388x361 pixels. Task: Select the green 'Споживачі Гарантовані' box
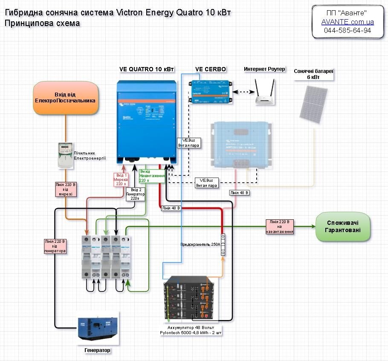tap(343, 227)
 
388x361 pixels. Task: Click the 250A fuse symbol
tap(223, 245)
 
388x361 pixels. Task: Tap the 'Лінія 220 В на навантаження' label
tap(280, 227)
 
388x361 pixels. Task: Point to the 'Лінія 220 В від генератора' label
tap(55, 246)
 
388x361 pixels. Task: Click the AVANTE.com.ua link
tap(347, 21)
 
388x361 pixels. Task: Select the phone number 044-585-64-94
tap(347, 31)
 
